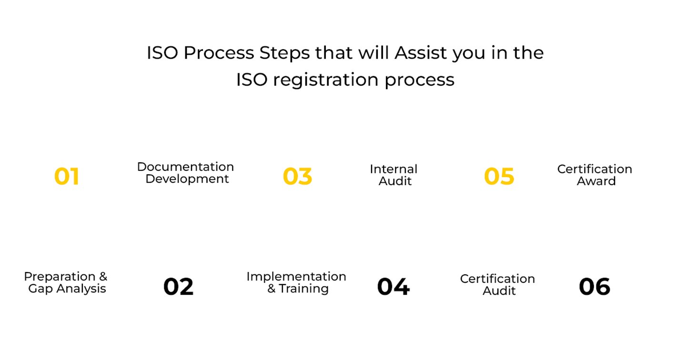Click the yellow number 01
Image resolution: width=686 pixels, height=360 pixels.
tap(67, 176)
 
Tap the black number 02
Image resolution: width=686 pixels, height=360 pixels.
tap(179, 287)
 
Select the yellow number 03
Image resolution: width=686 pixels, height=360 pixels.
tap(297, 176)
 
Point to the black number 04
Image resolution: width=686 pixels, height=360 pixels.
tap(393, 287)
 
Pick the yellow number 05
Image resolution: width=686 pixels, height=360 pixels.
tap(499, 176)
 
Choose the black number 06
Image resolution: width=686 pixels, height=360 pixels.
tap(595, 287)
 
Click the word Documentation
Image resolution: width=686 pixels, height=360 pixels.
tap(185, 167)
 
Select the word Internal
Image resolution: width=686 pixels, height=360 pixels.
tap(393, 169)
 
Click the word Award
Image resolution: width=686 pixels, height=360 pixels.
tap(596, 181)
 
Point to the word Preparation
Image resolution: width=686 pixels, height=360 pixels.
tap(60, 277)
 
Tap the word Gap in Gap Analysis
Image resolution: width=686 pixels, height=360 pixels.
tap(40, 289)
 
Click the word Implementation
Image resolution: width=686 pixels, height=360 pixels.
tap(296, 277)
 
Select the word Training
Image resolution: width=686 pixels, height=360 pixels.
tap(303, 289)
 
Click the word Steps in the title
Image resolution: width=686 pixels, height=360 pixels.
tap(284, 53)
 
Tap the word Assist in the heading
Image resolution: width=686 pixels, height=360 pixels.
tap(421, 53)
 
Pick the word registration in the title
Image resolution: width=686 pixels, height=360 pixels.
tap(325, 80)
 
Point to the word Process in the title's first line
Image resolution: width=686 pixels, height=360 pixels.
tap(219, 53)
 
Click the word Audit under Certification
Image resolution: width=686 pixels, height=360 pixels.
tap(499, 291)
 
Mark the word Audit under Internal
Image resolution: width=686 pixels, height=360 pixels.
tap(395, 181)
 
